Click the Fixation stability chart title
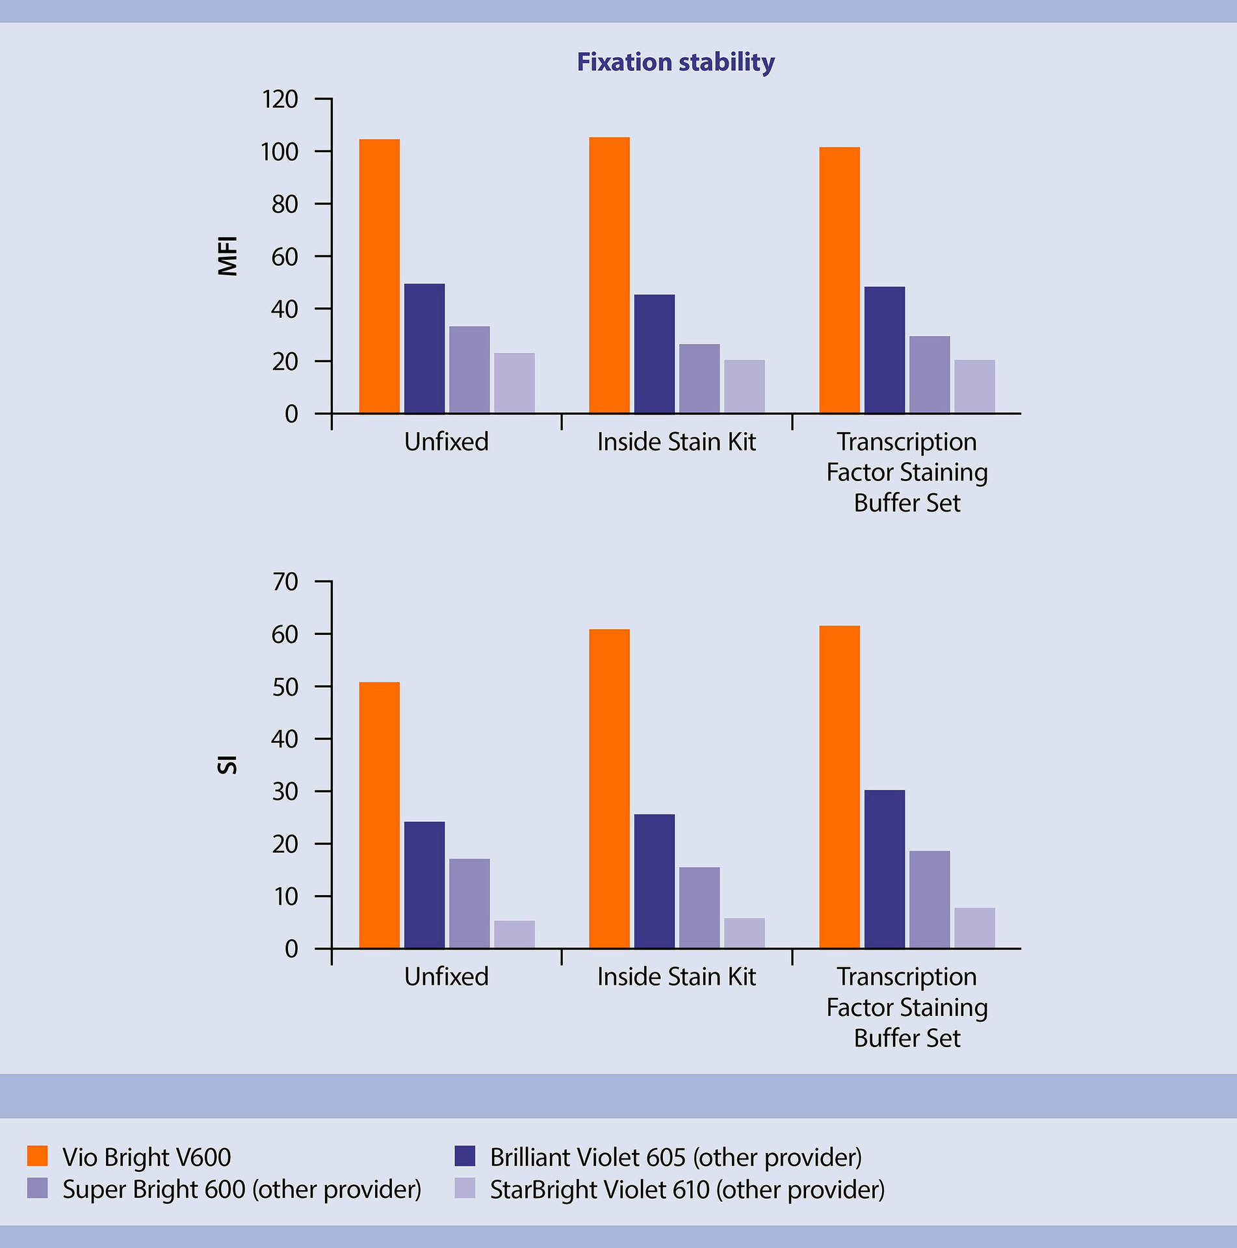[675, 62]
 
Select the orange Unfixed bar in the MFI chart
[379, 276]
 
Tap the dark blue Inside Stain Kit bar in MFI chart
[654, 354]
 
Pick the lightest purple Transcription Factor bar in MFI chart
[974, 387]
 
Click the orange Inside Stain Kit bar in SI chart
[609, 788]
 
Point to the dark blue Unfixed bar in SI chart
[424, 885]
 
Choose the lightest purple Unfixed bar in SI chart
[514, 934]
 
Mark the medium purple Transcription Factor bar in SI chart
[929, 900]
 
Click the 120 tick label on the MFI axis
[280, 99]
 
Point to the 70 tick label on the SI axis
[285, 582]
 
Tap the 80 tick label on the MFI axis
[285, 204]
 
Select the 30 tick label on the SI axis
[285, 792]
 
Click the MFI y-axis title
[228, 256]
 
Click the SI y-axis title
[228, 764]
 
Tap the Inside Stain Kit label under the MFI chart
[676, 442]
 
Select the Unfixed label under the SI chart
[446, 977]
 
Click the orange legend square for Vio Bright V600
[38, 1156]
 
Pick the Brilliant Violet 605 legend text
[675, 1157]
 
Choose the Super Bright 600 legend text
[242, 1189]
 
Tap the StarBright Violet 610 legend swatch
[465, 1189]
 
